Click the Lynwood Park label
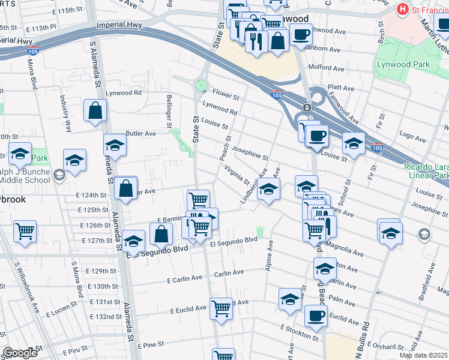[x=403, y=64]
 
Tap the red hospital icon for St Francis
[x=403, y=10]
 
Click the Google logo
[x=20, y=353]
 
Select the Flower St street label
[x=226, y=96]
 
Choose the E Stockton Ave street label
[x=298, y=332]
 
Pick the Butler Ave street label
[x=140, y=133]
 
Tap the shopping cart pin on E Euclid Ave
[x=221, y=309]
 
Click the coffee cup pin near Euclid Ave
[x=316, y=316]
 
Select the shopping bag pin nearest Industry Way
[x=95, y=110]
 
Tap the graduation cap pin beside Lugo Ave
[x=354, y=143]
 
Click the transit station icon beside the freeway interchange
[x=307, y=107]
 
